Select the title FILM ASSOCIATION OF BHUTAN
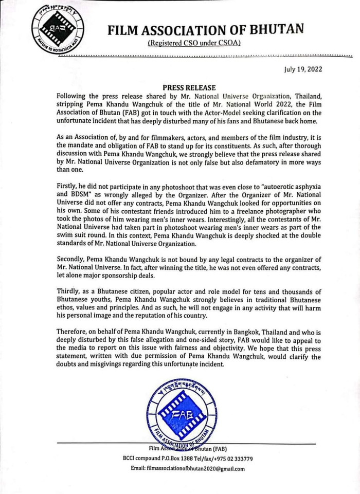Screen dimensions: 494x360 (x=206, y=30)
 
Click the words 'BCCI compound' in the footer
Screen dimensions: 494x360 (x=138, y=459)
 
